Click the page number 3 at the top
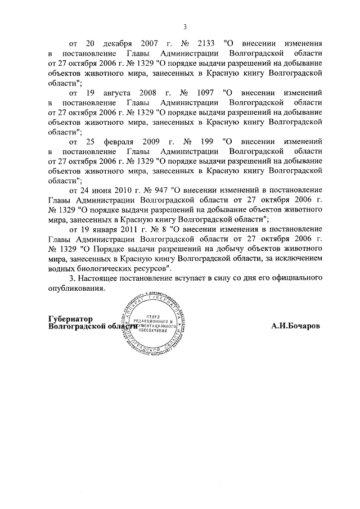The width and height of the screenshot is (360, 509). coord(184,26)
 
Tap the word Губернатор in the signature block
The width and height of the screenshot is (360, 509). coord(70,318)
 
